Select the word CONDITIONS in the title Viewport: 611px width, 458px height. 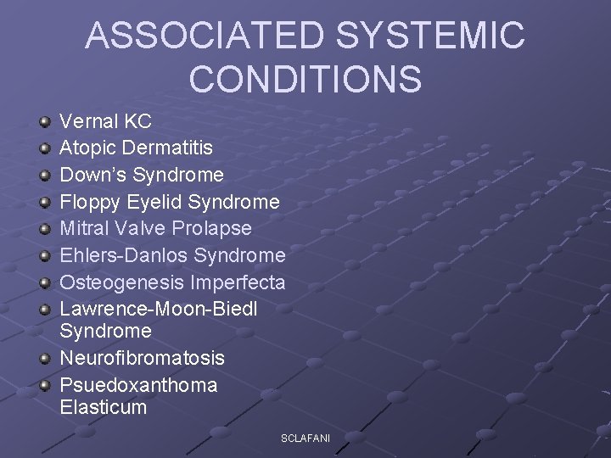point(305,78)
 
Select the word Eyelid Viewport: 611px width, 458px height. point(154,202)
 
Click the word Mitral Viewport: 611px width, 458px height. point(84,228)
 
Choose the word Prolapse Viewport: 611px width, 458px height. point(212,228)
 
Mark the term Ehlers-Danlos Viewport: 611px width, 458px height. point(124,255)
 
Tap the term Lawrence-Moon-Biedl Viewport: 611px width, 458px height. point(159,309)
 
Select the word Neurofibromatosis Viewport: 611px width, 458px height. point(143,358)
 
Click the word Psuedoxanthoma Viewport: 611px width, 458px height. point(139,385)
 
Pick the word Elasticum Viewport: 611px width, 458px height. point(104,407)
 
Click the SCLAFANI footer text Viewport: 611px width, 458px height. point(305,438)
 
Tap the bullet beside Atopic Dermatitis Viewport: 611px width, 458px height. point(45,149)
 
